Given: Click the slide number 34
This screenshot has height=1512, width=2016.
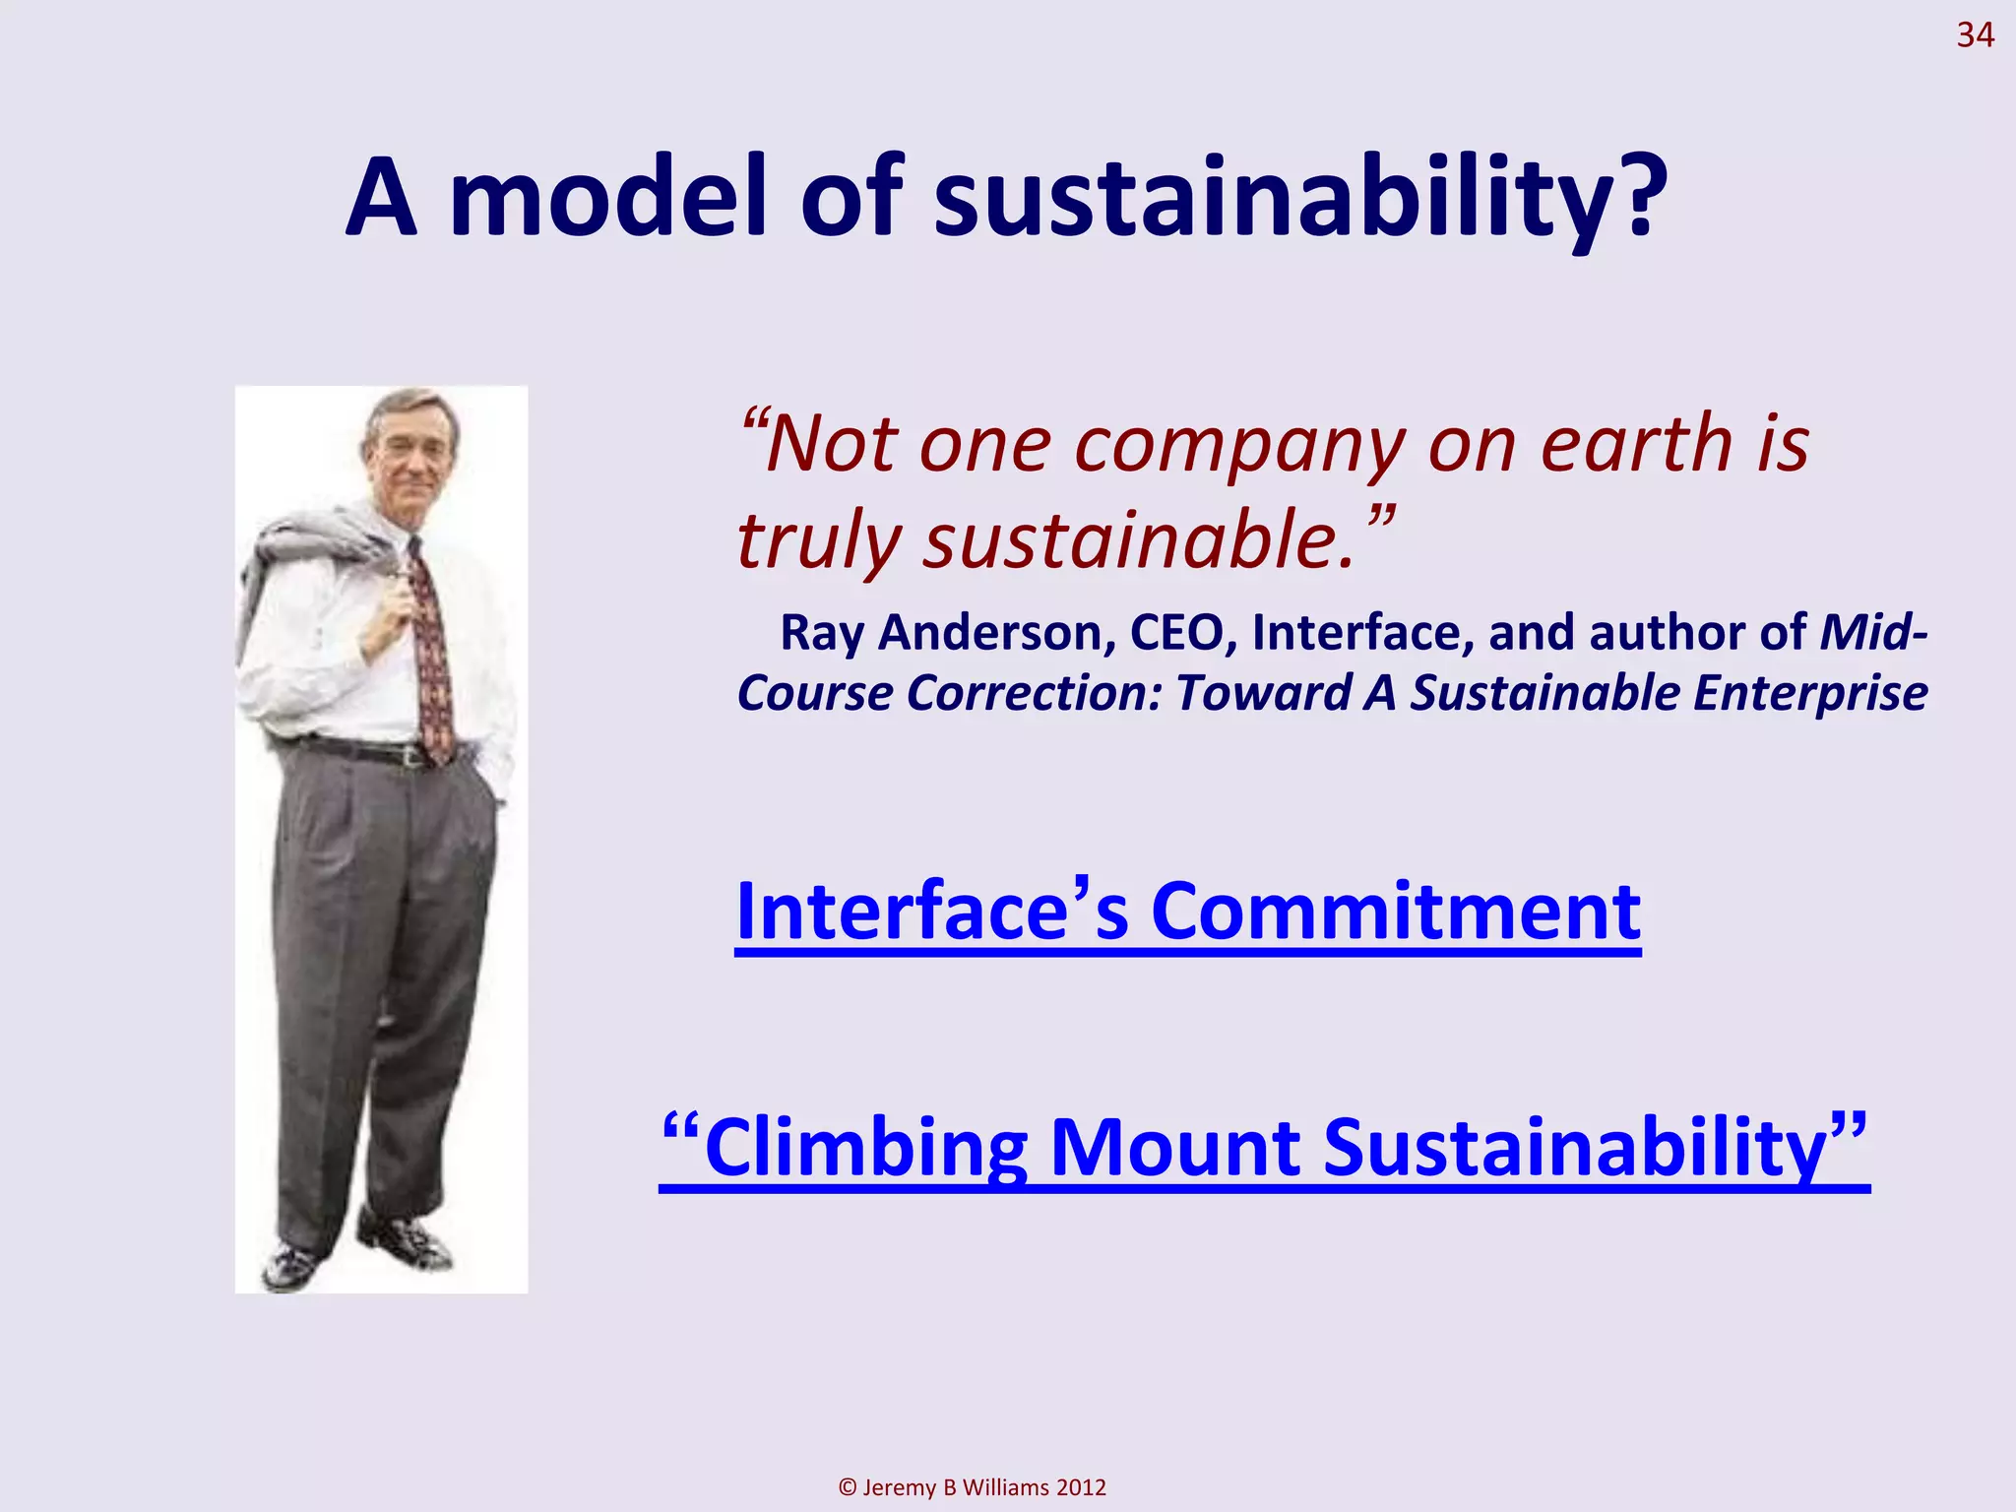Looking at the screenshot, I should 1974,36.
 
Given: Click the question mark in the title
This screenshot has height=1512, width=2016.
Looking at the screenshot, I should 1638,197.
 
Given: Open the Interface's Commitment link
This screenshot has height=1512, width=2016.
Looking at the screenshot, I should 1187,913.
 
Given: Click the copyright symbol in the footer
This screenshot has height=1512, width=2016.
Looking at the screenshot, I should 847,1487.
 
